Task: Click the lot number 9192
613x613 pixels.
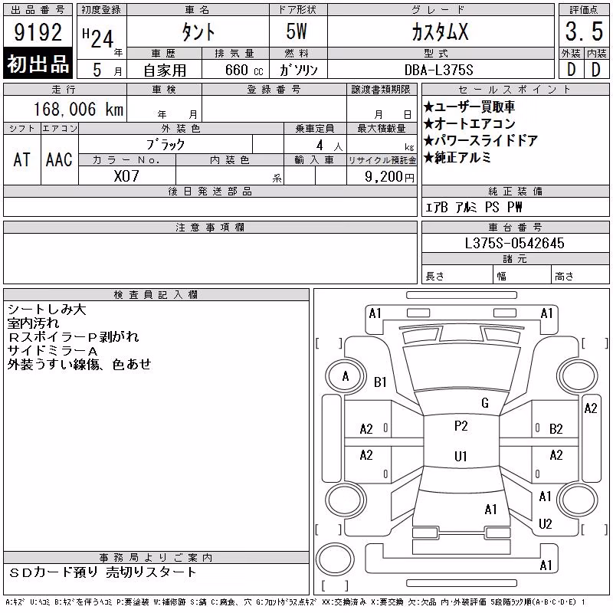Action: tap(38, 32)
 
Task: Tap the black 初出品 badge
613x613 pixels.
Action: tap(38, 63)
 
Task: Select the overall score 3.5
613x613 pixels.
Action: tap(584, 31)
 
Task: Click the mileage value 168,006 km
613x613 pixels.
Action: tap(78, 109)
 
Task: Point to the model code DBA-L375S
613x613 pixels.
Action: tap(438, 70)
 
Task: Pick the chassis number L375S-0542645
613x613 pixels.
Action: tap(514, 243)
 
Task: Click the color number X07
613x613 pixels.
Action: tap(126, 176)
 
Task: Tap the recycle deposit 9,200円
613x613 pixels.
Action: tap(389, 177)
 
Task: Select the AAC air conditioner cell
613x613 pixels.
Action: tap(59, 159)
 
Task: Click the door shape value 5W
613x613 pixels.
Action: tap(297, 31)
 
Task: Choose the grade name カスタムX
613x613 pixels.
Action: tap(440, 31)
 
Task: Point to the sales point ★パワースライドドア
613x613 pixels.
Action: tap(480, 140)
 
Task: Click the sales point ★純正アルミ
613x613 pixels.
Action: tap(457, 157)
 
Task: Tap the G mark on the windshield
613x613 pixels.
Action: tap(485, 403)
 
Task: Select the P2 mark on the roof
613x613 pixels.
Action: tap(461, 426)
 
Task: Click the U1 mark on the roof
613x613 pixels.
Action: tap(461, 456)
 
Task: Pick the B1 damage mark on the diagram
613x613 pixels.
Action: tap(380, 382)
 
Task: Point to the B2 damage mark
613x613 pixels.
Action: tap(556, 429)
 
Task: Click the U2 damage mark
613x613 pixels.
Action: tap(545, 524)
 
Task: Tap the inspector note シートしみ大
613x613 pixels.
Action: tap(47, 310)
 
